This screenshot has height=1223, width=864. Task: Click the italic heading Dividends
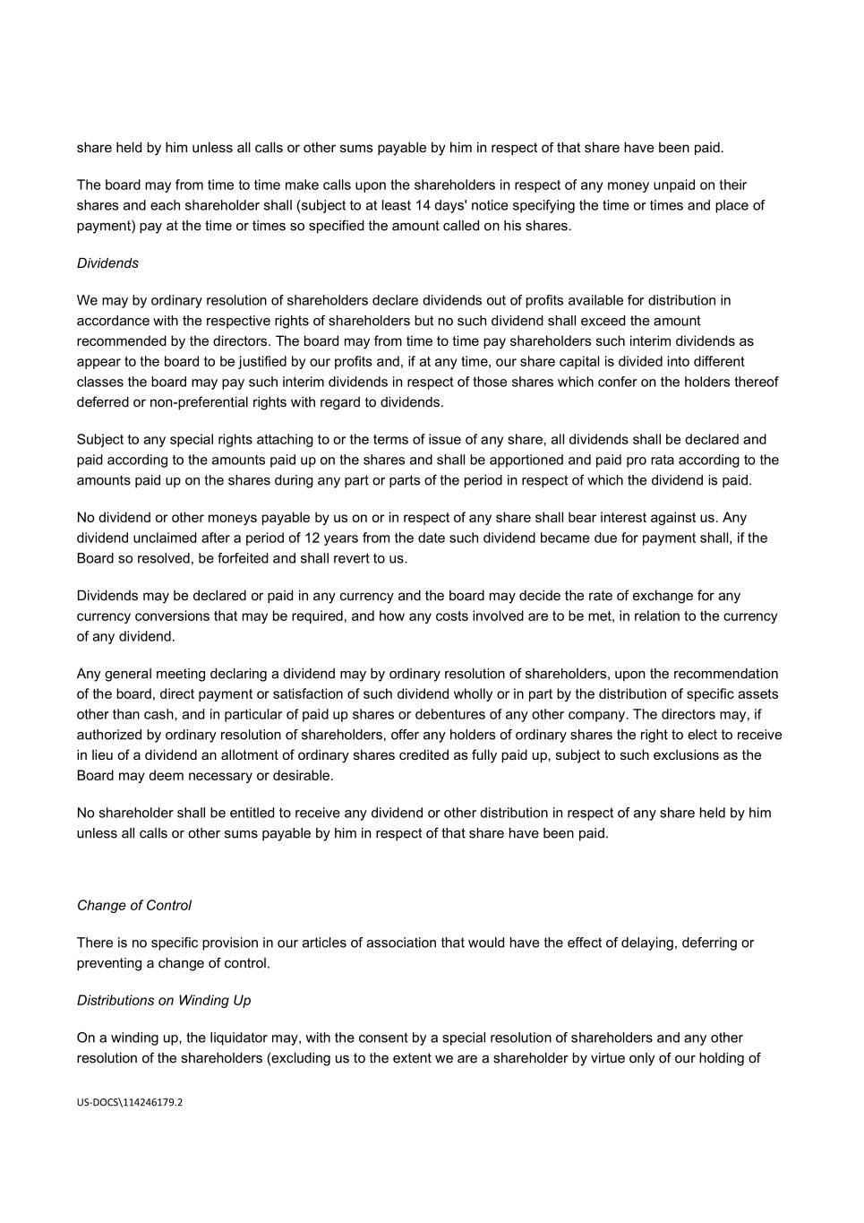pyautogui.click(x=107, y=263)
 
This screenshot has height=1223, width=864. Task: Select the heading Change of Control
pyautogui.click(x=134, y=906)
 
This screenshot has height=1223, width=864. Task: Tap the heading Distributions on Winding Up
pyautogui.click(x=164, y=1001)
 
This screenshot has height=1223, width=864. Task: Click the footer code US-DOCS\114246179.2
pyautogui.click(x=130, y=1103)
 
